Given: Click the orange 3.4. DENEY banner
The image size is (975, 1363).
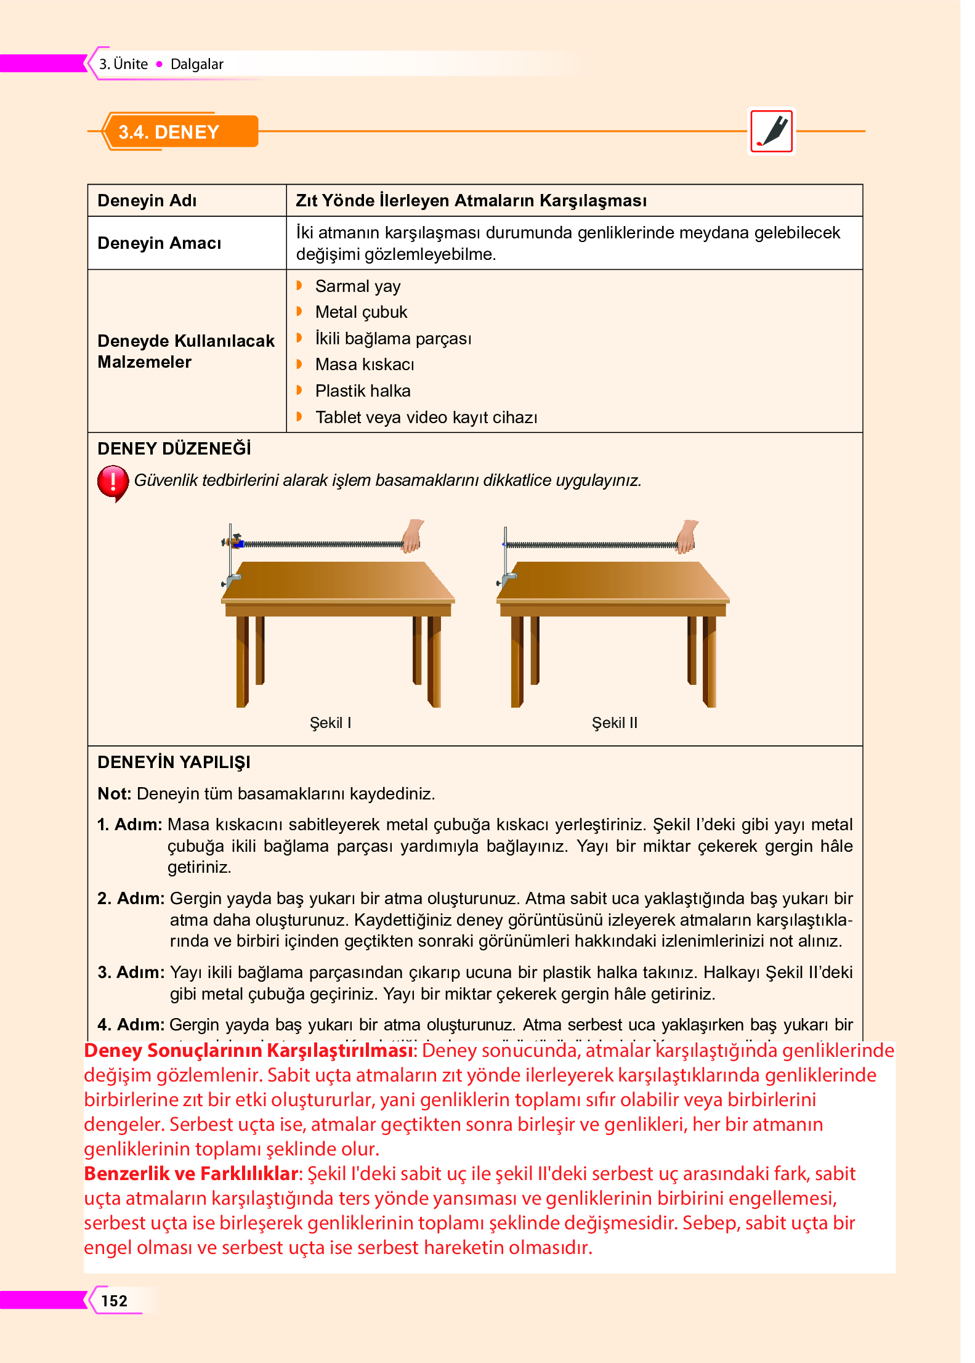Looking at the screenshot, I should point(179,132).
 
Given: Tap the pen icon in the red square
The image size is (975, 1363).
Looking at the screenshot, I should point(772,131).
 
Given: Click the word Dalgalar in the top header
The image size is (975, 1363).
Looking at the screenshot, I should point(196,64).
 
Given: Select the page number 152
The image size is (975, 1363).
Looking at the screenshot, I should point(115,1301).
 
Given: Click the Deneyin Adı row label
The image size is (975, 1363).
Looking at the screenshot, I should point(147,201).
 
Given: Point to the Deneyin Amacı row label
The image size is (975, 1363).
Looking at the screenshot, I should point(159,243).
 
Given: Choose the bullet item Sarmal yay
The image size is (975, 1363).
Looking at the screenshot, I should point(357,286).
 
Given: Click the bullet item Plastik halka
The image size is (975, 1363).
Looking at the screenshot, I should point(362,391).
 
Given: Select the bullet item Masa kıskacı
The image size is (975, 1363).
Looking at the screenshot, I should point(364,365).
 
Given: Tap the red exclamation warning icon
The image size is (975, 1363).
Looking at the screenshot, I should point(113,482).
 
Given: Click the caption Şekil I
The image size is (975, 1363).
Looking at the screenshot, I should point(330,722).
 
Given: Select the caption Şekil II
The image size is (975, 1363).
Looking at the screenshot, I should point(614,722).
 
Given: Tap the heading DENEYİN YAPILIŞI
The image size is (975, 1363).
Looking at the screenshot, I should point(174,762).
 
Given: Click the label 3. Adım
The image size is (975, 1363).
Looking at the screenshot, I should point(131,973).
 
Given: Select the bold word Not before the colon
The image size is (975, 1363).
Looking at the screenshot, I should point(113,794).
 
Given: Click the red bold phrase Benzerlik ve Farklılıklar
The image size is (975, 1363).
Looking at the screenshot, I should point(191,1174).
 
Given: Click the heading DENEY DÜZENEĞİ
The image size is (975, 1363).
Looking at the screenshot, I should point(174,449).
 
